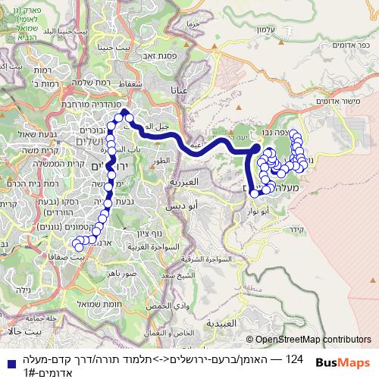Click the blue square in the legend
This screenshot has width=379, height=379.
[x=8, y=362]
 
